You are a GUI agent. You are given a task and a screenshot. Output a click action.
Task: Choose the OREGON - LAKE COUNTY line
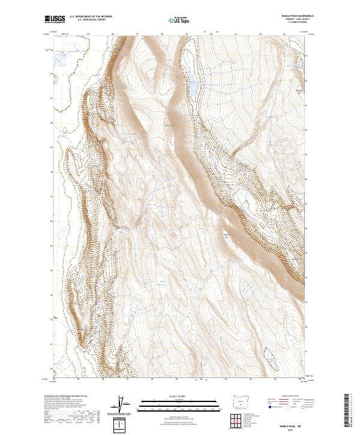click(x=302, y=19)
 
